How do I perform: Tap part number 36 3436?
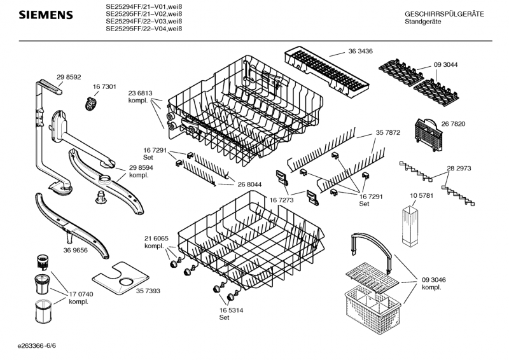point(360,50)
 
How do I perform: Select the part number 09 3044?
point(445,65)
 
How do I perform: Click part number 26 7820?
point(454,123)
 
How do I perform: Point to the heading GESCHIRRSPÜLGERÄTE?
point(444,14)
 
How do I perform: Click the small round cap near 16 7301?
point(92,101)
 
